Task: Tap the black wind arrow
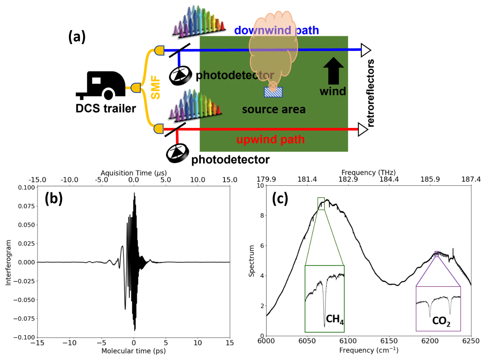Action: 333,71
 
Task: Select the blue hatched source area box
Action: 273,92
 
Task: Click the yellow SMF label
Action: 156,87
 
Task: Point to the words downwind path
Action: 276,30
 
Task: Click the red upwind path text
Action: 270,140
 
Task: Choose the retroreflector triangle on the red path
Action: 363,129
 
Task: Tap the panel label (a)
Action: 77,37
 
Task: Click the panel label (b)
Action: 54,199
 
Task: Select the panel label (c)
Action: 280,199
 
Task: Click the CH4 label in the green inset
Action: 334,319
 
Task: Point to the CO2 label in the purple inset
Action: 441,321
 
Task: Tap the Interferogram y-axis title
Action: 8,262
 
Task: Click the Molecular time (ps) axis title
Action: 133,351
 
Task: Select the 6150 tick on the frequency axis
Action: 389,341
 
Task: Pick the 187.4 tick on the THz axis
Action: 471,179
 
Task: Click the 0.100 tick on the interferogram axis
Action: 27,188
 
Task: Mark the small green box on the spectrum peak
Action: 321,204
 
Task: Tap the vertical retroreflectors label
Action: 370,93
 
